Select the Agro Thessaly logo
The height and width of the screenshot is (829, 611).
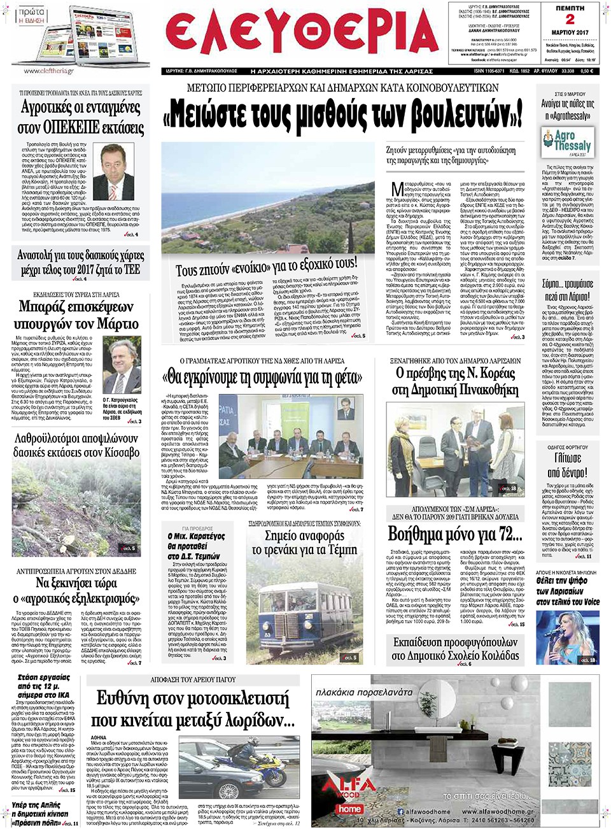568,142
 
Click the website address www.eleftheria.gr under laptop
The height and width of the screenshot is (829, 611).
50,71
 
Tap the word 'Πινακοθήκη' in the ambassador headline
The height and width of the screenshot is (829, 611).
487,390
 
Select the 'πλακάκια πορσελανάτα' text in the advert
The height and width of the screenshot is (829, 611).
364,692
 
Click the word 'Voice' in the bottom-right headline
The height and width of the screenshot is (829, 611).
592,602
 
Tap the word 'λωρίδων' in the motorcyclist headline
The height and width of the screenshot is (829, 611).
255,720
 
